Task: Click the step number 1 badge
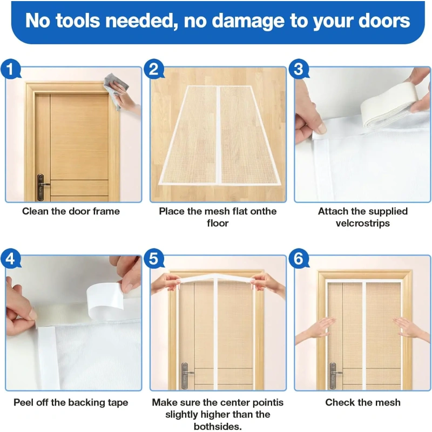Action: (x=10, y=69)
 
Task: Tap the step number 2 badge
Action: (x=154, y=69)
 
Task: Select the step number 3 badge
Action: (x=299, y=69)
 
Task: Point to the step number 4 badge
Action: (x=10, y=259)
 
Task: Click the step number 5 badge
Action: (x=154, y=259)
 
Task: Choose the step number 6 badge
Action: (x=299, y=259)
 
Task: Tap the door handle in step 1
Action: (x=42, y=187)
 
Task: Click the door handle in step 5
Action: (x=186, y=375)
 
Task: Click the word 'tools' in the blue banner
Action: (x=78, y=21)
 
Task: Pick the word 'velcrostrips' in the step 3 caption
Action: (x=362, y=223)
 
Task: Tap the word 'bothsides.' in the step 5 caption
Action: (x=218, y=427)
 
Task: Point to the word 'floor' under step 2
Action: (x=218, y=223)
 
